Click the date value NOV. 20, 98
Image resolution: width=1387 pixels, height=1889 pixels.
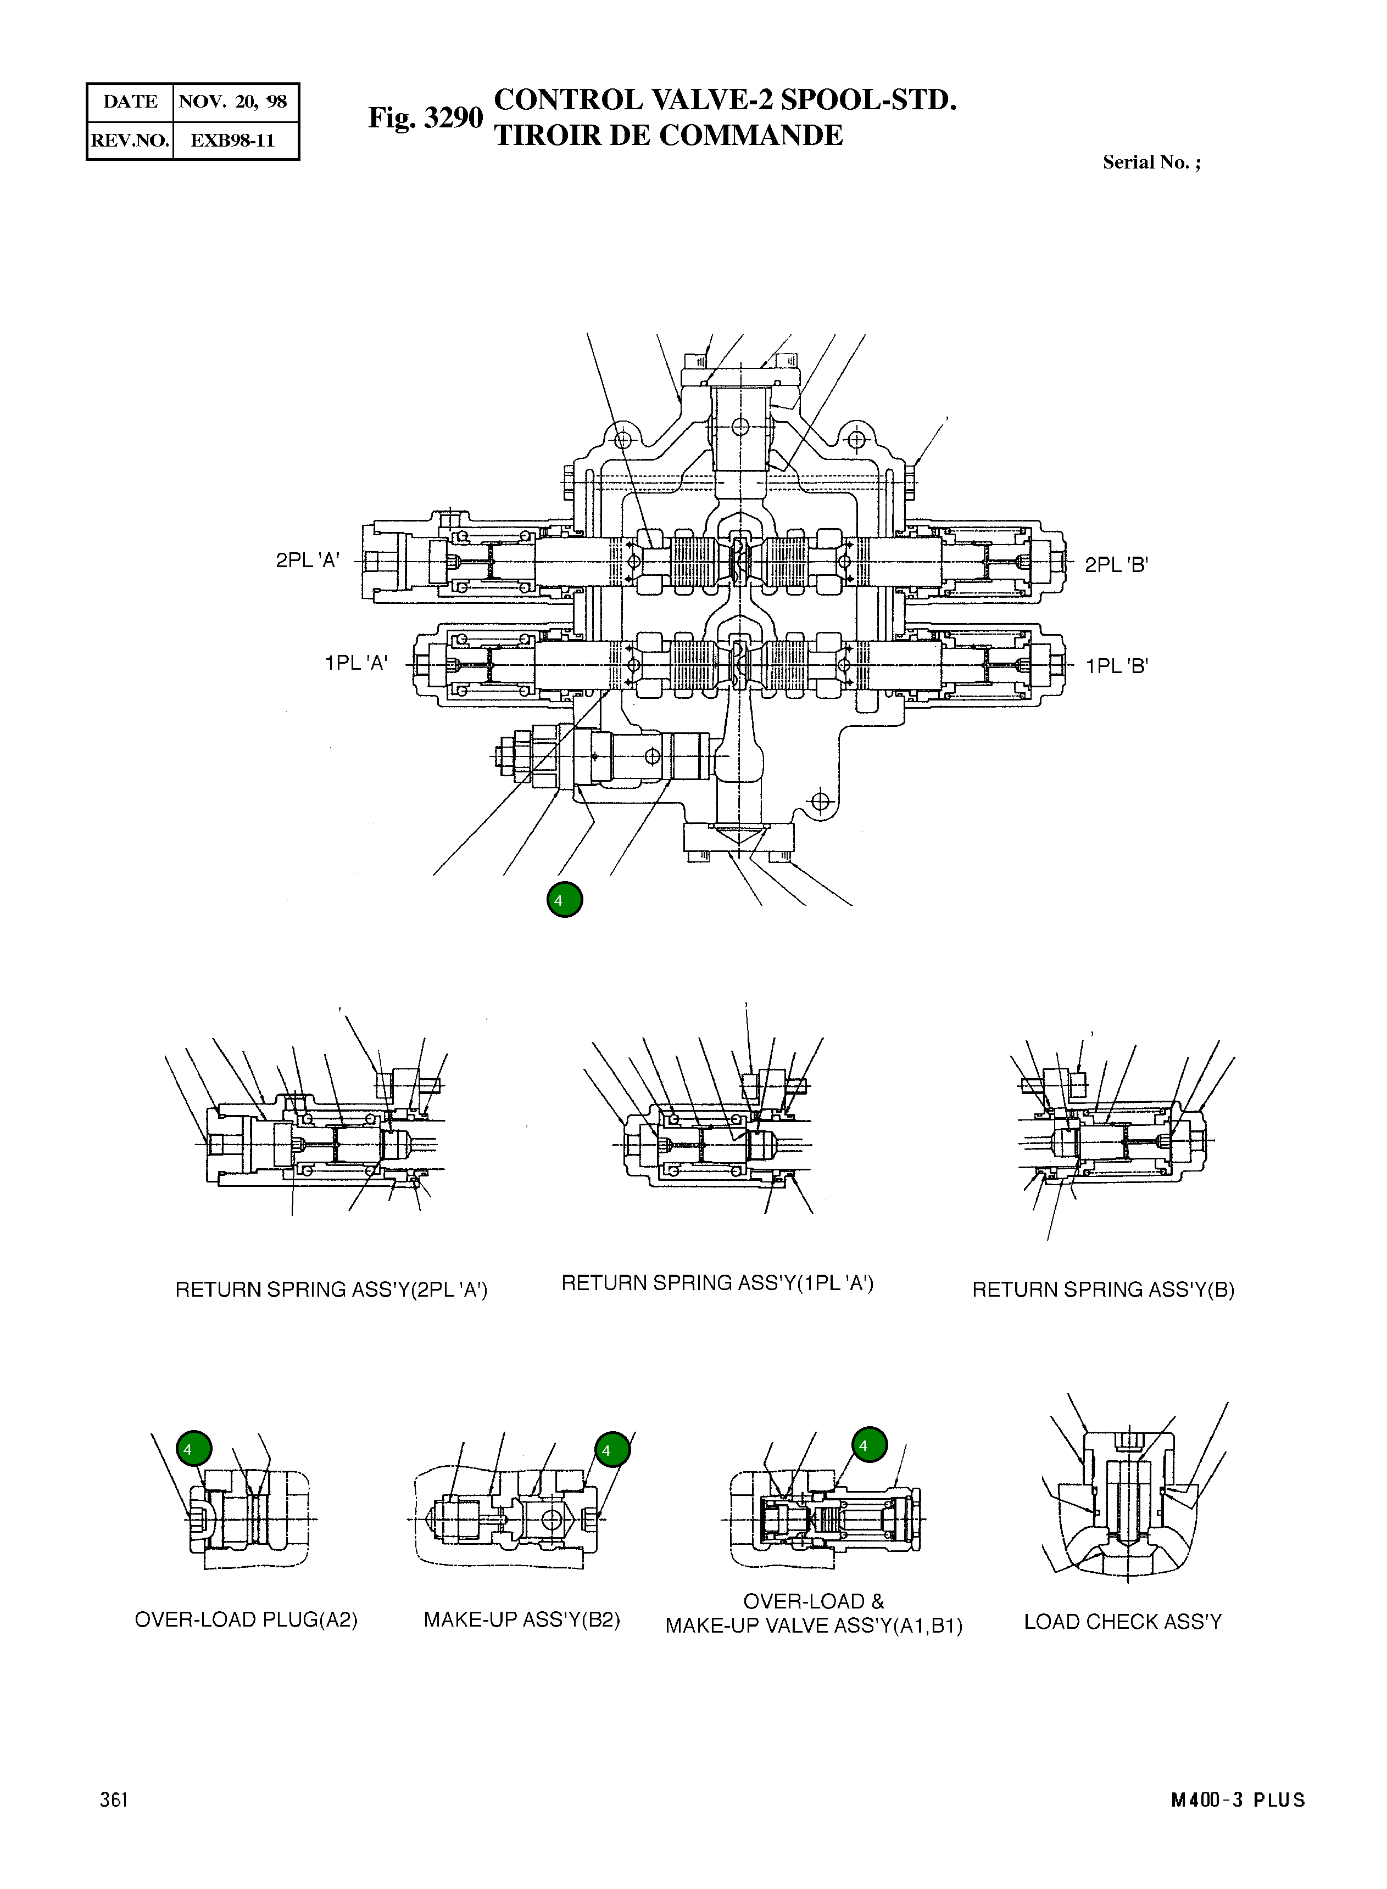coord(233,102)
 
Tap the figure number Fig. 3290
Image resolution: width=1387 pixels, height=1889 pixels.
coord(426,117)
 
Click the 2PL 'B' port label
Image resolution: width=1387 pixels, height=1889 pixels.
coord(1116,565)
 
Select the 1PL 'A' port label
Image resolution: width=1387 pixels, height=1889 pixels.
coord(356,663)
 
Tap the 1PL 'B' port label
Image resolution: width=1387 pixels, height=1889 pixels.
coord(1116,667)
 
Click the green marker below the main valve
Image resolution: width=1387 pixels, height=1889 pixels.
coord(564,900)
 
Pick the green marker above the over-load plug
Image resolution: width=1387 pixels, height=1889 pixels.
coord(194,1448)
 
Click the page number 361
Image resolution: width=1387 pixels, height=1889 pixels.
coord(113,1824)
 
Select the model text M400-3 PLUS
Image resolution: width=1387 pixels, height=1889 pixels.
coord(1238,1824)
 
